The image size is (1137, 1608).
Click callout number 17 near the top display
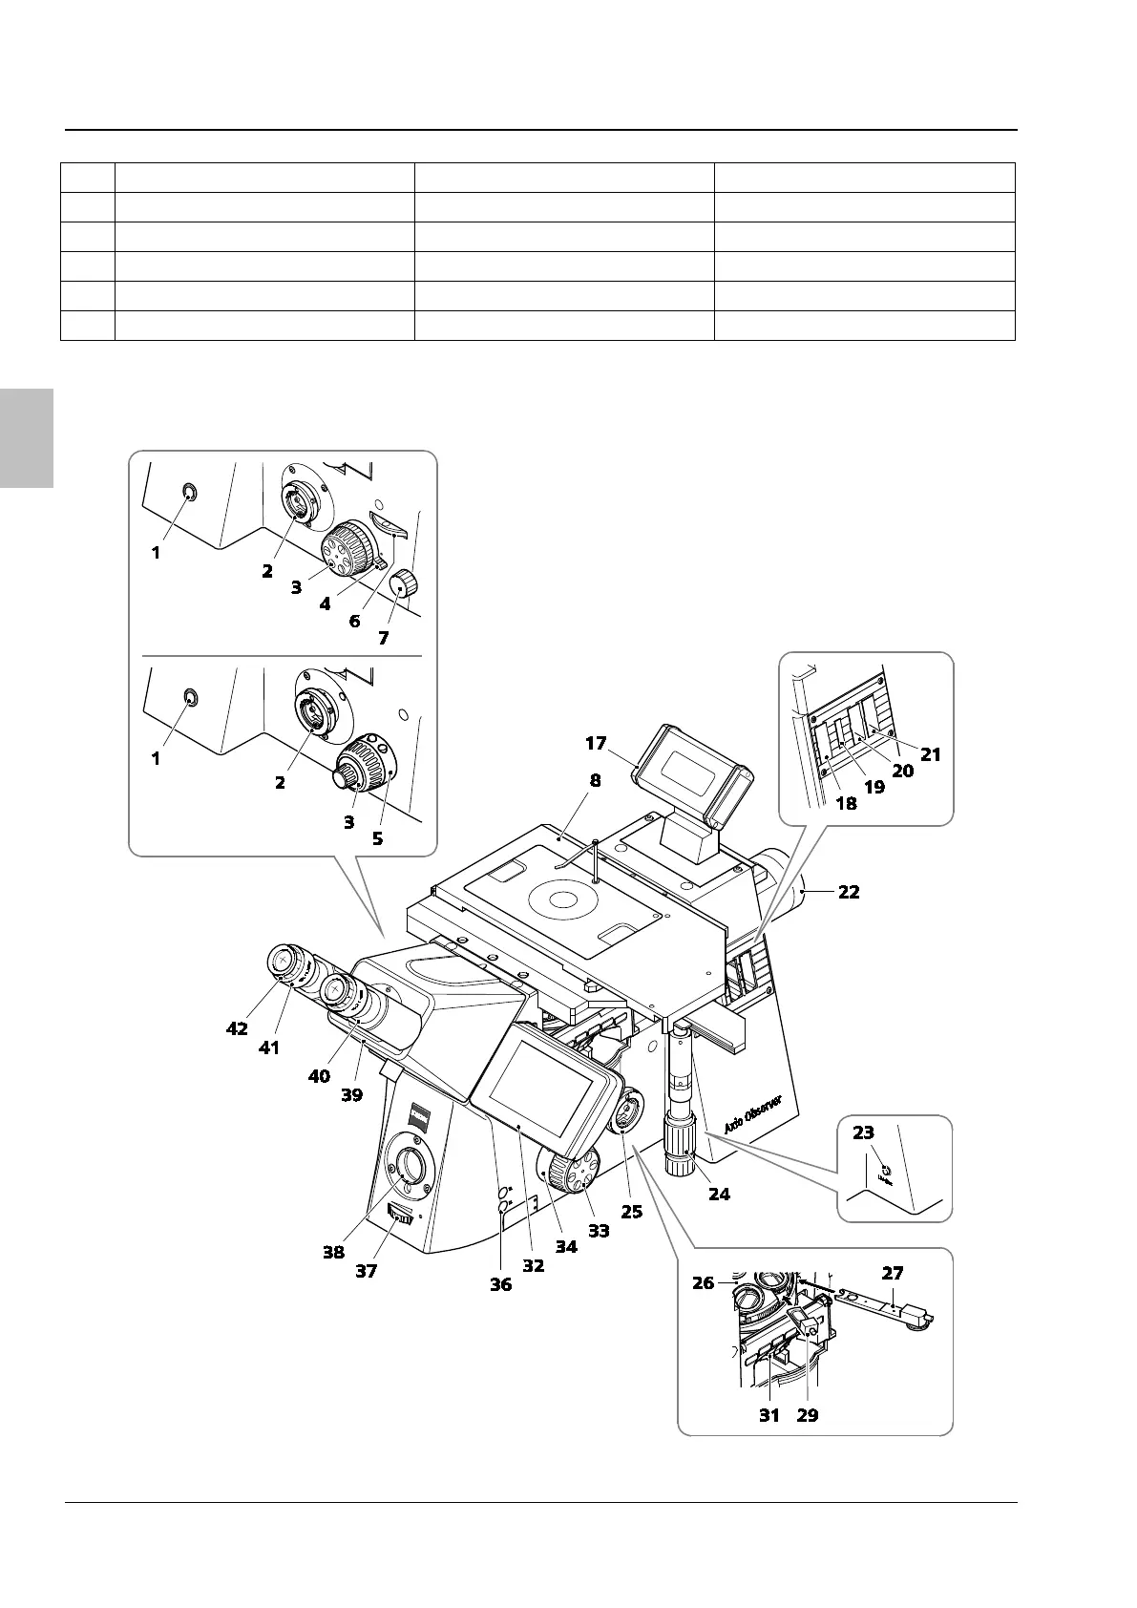coord(596,742)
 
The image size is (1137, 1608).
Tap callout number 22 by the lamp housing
coord(848,892)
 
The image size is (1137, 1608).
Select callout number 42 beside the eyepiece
coord(237,1028)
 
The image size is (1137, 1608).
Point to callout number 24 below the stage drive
coord(719,1194)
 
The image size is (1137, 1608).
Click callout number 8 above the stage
coord(595,780)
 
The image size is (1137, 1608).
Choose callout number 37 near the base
coord(367,1271)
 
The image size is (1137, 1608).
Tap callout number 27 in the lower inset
coord(892,1273)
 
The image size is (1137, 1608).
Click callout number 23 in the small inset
coord(863,1132)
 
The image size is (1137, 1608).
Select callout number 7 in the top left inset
coord(383,639)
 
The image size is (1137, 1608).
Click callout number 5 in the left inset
coord(378,839)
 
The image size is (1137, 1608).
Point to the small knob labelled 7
coord(407,583)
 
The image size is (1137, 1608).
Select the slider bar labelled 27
coord(883,1305)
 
